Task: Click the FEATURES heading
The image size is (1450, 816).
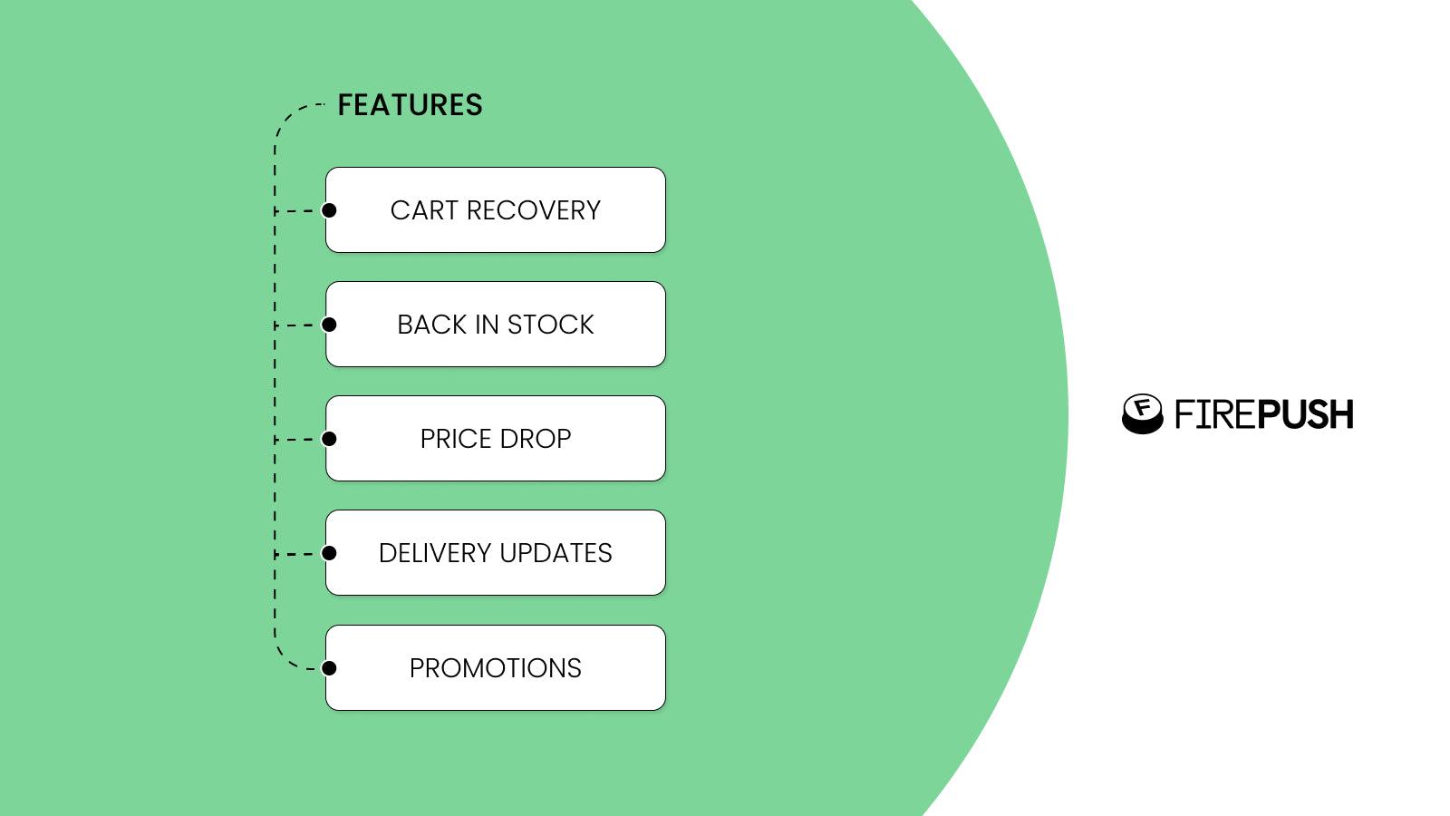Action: [410, 105]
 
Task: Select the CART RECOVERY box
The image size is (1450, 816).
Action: [496, 210]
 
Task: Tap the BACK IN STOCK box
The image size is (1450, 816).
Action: [496, 325]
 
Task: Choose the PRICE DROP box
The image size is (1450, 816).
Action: [496, 439]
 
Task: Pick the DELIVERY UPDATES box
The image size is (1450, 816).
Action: [496, 553]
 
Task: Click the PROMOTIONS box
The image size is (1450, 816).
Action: [496, 668]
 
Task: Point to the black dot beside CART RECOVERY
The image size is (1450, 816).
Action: [330, 210]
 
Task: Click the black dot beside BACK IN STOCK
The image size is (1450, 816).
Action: [330, 325]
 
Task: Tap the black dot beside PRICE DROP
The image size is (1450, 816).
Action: [330, 439]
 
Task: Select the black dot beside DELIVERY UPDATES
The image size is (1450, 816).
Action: [330, 553]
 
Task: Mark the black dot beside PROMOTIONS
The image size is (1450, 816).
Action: [330, 668]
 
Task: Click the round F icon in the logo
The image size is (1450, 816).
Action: [1142, 413]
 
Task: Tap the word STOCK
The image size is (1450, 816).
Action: [550, 325]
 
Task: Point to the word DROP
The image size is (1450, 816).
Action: [535, 439]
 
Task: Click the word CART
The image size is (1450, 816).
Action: [424, 210]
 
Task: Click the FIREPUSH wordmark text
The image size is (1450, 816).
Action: [1263, 414]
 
